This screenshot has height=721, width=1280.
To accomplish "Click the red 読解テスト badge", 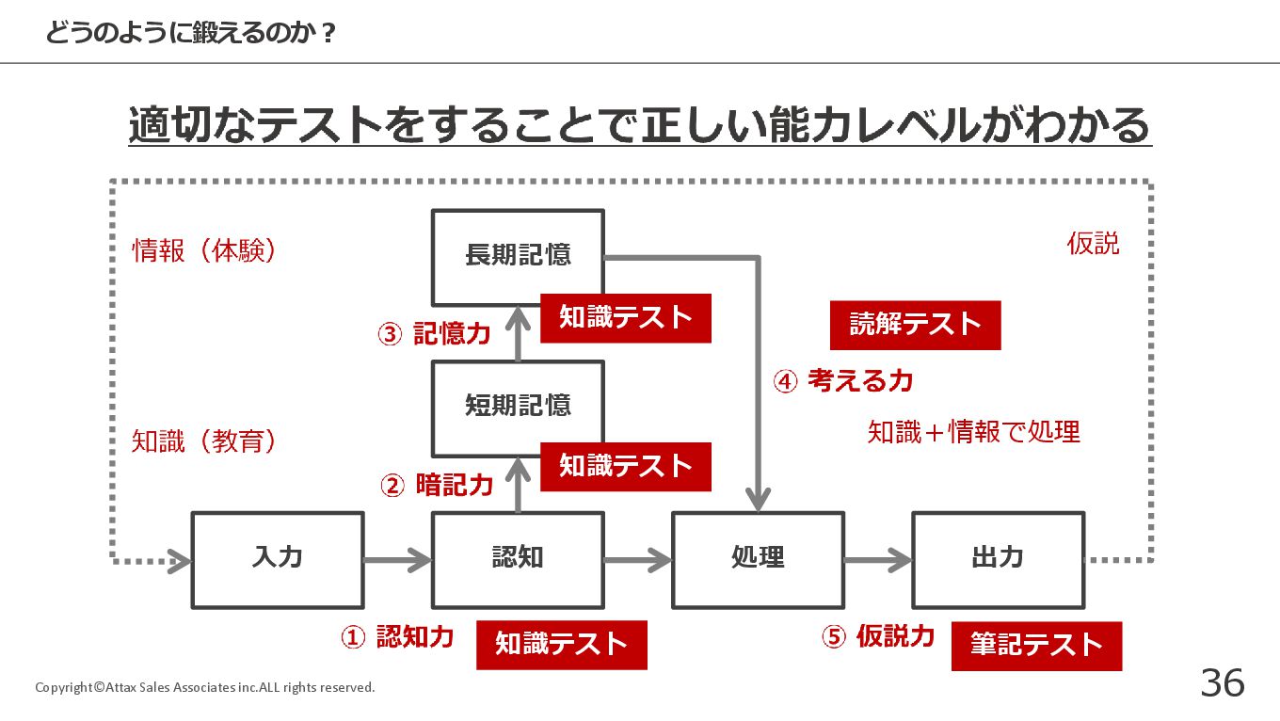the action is point(916,325).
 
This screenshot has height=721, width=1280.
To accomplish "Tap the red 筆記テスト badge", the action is point(1036,646).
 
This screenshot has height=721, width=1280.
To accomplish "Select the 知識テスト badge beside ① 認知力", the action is point(562,645).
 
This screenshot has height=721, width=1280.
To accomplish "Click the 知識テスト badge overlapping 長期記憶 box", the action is point(626,318).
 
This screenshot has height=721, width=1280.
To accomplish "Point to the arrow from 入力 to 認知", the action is point(398,560).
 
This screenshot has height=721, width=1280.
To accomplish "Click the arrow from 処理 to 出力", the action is point(878,560).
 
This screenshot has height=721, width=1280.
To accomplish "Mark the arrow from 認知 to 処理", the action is point(638,560).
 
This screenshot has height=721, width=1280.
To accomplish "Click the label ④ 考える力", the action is point(843,381).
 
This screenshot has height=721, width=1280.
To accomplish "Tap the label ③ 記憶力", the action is point(434,333).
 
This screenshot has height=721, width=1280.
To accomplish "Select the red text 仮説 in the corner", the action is point(1093,244).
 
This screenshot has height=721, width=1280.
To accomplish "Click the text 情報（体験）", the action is point(204,250).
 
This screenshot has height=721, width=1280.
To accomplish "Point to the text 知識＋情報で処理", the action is point(974,432).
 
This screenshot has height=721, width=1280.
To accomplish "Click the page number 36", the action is point(1223,682).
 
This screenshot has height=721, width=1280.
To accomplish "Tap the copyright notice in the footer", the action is point(204,687).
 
